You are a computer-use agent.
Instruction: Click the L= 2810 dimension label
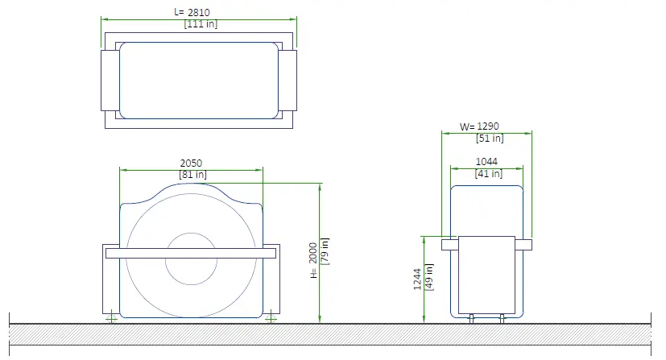coord(192,12)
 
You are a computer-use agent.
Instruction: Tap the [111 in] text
coord(201,24)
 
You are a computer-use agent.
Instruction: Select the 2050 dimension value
coord(191,163)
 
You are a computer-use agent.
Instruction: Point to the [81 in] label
coord(192,175)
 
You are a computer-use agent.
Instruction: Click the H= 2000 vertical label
coord(313,260)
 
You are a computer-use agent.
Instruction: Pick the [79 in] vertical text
coord(325,251)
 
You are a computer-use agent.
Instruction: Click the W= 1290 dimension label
coord(479,126)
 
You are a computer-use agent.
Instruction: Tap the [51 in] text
coord(490,138)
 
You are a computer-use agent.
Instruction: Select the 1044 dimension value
coord(486,162)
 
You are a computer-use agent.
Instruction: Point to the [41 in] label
coord(489,174)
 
